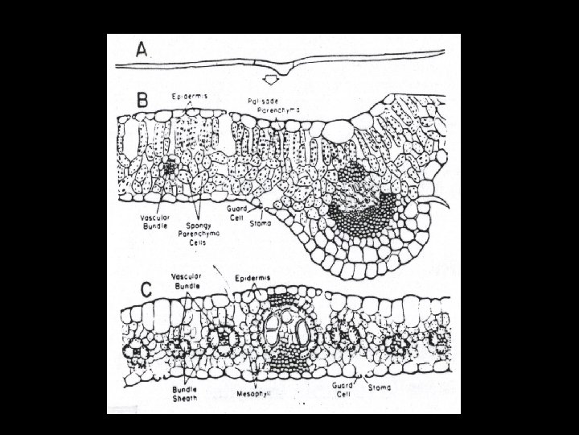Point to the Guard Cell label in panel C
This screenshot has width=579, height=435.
tap(343, 391)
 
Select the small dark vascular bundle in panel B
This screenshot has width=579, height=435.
tap(170, 168)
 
